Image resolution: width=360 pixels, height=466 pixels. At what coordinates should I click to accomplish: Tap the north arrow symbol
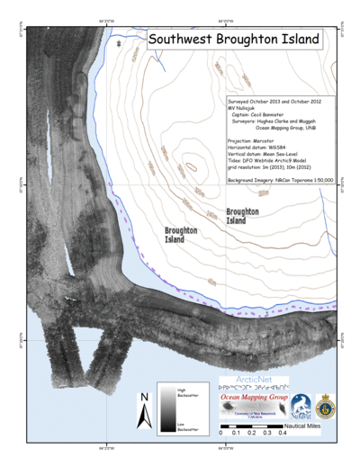pyautogui.click(x=143, y=413)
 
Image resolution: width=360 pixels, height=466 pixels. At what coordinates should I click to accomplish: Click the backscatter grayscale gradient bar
pyautogui.click(x=167, y=409)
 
